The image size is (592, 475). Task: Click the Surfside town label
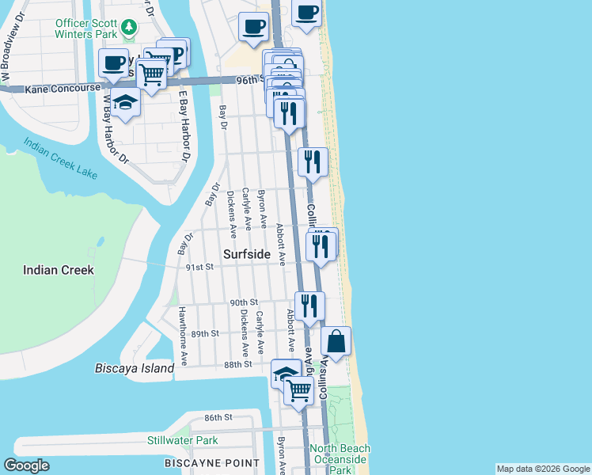246,254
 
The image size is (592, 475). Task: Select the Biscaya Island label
134,368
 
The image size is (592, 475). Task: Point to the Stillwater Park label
182,440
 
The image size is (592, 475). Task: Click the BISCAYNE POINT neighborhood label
211,462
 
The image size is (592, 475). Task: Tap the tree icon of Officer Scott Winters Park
129,28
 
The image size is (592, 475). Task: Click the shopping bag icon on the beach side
336,342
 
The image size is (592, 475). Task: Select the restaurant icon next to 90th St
309,306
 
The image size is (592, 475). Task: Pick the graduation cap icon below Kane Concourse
125,102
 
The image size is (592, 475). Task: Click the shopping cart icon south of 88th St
298,389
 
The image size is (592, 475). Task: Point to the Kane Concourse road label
63,89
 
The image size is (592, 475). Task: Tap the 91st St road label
200,268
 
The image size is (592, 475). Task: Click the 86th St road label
218,417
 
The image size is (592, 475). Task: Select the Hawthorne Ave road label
183,336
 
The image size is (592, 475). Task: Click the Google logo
27,465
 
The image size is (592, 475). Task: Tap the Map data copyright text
542,469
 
